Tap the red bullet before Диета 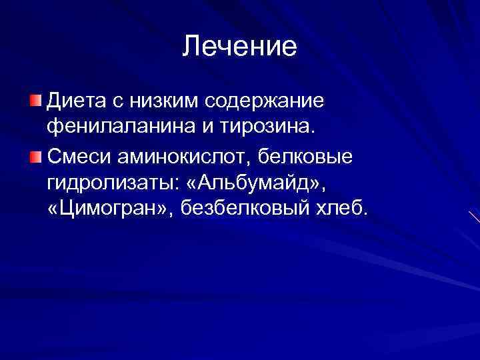35,101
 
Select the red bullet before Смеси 35,156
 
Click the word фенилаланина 114,127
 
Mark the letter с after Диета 115,102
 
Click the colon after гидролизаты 173,185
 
